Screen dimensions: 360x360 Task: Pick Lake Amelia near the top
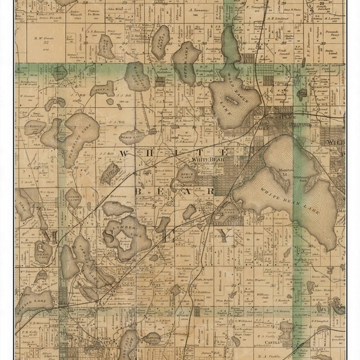[x=159, y=42]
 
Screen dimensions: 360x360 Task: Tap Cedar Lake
[x=137, y=76]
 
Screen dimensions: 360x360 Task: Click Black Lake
[x=132, y=137]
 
